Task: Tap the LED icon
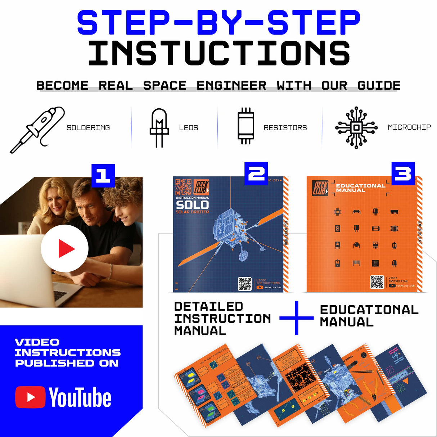pyautogui.click(x=159, y=127)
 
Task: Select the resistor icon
pyautogui.click(x=246, y=126)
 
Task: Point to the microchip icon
pyautogui.click(x=356, y=127)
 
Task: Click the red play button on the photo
pyautogui.click(x=65, y=248)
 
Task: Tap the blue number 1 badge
pyautogui.click(x=103, y=175)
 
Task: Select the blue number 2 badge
pyautogui.click(x=256, y=174)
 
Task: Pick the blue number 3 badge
pyautogui.click(x=403, y=174)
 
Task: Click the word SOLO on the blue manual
pyautogui.click(x=192, y=205)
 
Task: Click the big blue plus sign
pyautogui.click(x=296, y=318)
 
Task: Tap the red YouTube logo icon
pyautogui.click(x=30, y=397)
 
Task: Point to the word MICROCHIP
pyautogui.click(x=409, y=127)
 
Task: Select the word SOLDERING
pyautogui.click(x=88, y=127)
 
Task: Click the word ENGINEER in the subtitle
pyautogui.click(x=231, y=85)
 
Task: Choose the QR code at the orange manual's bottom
pyautogui.click(x=377, y=282)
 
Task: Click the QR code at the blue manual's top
pyautogui.click(x=184, y=187)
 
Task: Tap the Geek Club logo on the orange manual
pyautogui.click(x=320, y=188)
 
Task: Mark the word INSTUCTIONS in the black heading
pyautogui.click(x=219, y=53)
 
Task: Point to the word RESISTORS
pyautogui.click(x=285, y=127)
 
